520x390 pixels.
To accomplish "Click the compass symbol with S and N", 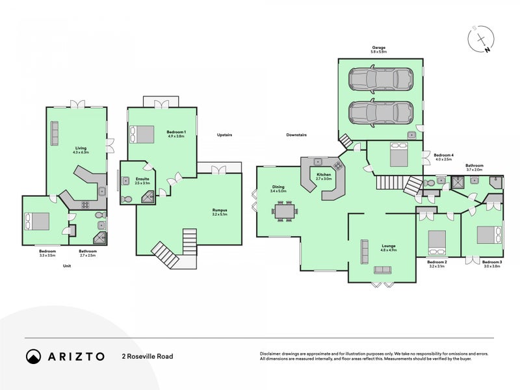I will point(481,40).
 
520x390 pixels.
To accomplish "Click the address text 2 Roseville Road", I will point(147,356).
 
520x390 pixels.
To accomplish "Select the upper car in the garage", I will point(378,81).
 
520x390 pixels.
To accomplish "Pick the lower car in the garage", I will point(378,113).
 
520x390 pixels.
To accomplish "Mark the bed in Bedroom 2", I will point(437,242).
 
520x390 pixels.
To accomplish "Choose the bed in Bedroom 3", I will point(489,234).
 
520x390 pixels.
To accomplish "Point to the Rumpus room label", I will point(220,211).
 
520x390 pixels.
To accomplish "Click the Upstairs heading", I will point(224,135).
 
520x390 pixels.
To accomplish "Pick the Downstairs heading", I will point(296,135).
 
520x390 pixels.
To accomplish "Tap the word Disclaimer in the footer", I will point(272,354).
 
